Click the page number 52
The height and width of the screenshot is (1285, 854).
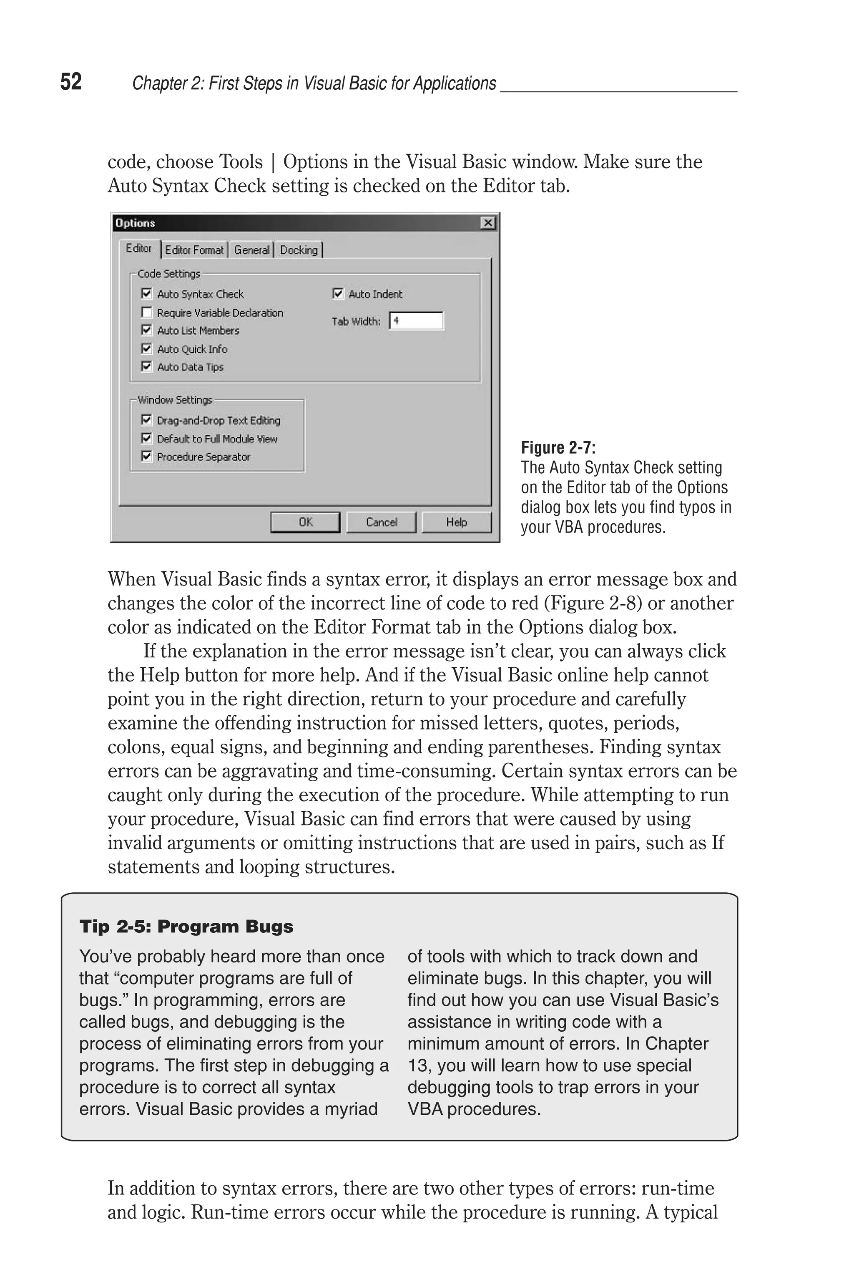71,82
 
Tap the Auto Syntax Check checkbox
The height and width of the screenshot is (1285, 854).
146,294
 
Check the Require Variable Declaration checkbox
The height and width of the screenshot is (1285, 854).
146,312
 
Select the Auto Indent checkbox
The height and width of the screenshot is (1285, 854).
338,294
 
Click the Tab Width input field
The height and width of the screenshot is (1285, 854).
416,321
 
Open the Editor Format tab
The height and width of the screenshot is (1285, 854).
194,250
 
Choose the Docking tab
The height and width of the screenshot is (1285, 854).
299,250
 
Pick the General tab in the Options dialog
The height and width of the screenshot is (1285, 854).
251,250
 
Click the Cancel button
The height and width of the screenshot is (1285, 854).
381,522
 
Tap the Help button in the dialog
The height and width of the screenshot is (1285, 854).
457,522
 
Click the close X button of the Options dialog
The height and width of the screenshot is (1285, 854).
488,223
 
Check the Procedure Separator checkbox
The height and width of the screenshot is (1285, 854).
146,456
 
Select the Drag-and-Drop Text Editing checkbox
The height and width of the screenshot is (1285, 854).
146,419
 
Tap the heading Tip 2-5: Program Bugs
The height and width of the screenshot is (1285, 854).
186,927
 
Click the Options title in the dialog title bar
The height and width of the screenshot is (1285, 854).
135,223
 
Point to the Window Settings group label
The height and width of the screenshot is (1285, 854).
175,400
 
